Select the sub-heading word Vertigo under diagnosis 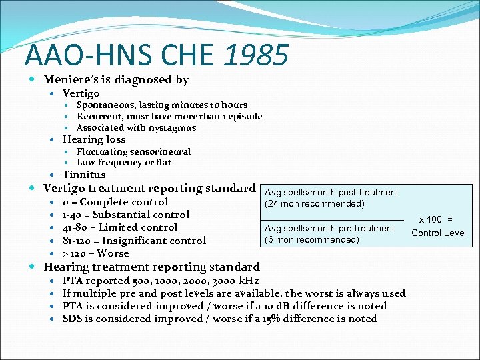pyautogui.click(x=81, y=93)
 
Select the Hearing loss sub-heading pyautogui.click(x=93, y=139)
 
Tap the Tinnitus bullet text pyautogui.click(x=84, y=175)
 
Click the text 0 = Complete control pyautogui.click(x=115, y=202)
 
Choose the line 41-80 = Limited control pyautogui.click(x=120, y=227)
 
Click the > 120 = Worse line pyautogui.click(x=96, y=253)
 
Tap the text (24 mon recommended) pyautogui.click(x=315, y=204)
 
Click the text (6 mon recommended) pyautogui.click(x=312, y=240)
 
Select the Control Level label pyautogui.click(x=439, y=233)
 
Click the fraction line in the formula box pyautogui.click(x=333, y=219)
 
